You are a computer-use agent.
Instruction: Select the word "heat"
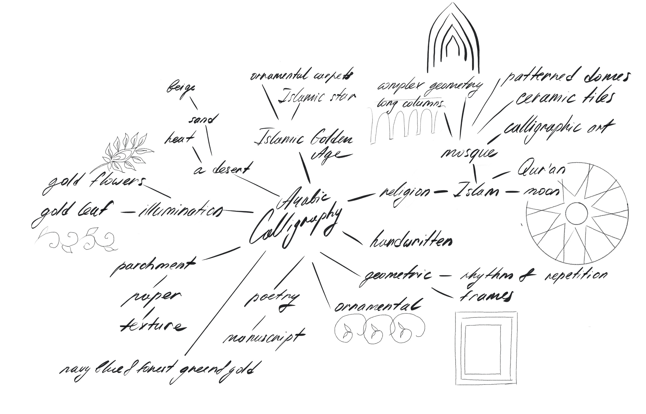179,138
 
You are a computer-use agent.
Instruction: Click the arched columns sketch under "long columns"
403,125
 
